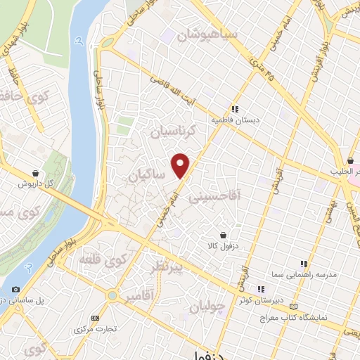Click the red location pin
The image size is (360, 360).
click(181, 165)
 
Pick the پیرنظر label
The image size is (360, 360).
click(167, 267)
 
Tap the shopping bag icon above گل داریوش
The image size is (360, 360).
click(34, 172)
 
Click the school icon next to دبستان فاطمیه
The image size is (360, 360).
click(235, 109)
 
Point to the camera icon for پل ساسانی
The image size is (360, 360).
click(15, 289)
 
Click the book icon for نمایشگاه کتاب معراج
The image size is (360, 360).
click(293, 307)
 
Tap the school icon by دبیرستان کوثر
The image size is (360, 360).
click(261, 288)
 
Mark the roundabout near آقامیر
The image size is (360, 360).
click(112, 296)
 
